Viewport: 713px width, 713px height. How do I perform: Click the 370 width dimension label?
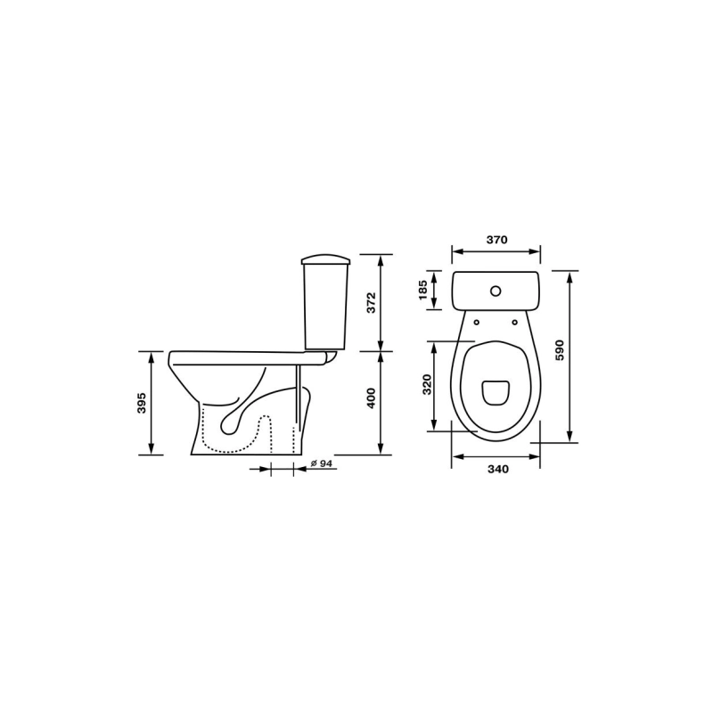(x=496, y=240)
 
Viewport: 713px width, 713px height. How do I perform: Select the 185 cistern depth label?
(x=422, y=290)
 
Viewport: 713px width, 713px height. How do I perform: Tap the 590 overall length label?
(x=560, y=349)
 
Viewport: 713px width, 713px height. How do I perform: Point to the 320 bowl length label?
(x=427, y=384)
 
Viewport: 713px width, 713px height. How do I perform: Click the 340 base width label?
(x=498, y=470)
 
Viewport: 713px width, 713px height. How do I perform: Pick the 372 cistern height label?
(x=372, y=302)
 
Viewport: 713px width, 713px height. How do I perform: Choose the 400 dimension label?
(x=372, y=397)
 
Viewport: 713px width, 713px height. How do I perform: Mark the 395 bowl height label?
(x=142, y=403)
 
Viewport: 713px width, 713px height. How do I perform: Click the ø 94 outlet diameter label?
(x=322, y=463)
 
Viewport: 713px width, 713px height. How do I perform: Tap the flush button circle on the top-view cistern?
(x=496, y=291)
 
